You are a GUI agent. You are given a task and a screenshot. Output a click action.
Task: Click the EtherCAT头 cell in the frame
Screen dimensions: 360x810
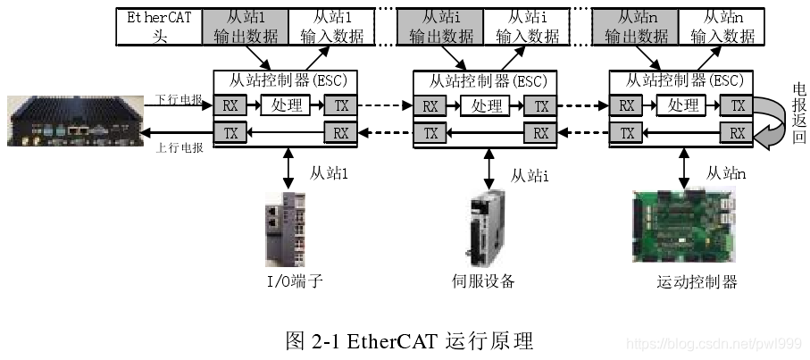(159, 27)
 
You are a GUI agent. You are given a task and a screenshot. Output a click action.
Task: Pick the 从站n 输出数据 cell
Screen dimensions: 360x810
(636, 27)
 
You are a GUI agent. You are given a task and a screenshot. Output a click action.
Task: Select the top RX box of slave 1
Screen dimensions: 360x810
(231, 105)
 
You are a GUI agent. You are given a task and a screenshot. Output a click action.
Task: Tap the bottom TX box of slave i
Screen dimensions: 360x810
(430, 133)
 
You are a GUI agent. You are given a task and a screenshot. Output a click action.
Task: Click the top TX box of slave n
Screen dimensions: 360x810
(738, 105)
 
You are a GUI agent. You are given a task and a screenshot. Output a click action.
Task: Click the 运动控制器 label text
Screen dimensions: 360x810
(697, 283)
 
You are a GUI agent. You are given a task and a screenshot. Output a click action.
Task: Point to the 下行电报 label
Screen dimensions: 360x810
(179, 99)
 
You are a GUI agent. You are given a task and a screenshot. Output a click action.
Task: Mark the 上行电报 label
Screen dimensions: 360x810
(179, 147)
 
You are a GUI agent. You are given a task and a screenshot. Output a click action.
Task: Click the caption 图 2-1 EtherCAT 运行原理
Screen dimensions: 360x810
(409, 341)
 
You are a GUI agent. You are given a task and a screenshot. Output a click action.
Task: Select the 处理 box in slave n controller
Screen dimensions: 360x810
(683, 105)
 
